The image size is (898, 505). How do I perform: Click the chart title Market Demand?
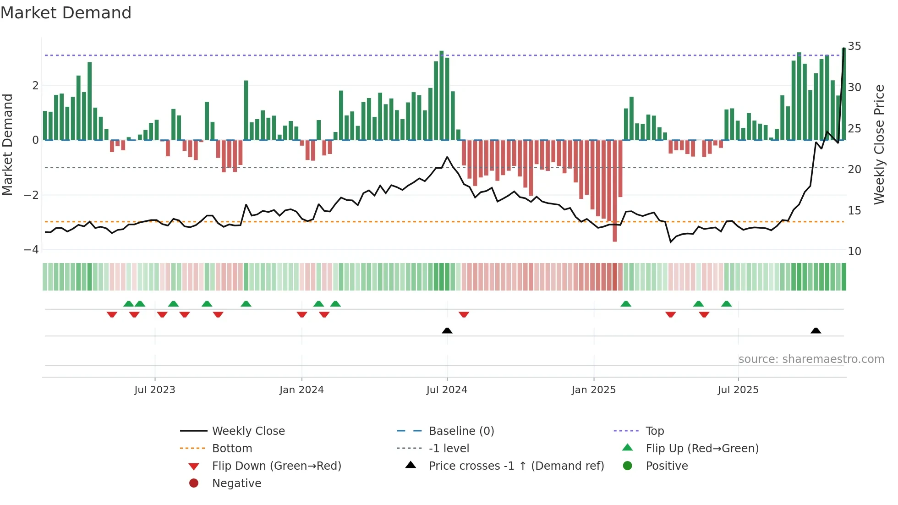(66, 13)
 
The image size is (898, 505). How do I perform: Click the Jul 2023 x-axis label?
(154, 390)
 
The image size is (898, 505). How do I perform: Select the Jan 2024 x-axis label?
(301, 390)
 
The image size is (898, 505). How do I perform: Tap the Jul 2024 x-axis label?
(447, 390)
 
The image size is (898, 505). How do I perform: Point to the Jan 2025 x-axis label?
(594, 390)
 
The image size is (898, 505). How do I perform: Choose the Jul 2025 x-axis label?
(738, 390)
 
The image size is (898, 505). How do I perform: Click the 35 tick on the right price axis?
(854, 46)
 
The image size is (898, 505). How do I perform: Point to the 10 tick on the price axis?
(854, 252)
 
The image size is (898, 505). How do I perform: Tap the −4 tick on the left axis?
(31, 250)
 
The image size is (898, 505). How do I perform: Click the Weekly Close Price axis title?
(879, 144)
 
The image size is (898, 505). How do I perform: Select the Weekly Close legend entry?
(248, 431)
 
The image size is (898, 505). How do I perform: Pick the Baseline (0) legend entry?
(461, 431)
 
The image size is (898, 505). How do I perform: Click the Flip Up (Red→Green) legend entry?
(702, 449)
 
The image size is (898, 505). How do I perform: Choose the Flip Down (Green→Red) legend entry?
(276, 466)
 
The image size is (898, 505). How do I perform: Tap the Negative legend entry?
(236, 483)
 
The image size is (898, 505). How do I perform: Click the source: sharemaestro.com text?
(811, 359)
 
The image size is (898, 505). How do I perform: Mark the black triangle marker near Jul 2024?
(447, 330)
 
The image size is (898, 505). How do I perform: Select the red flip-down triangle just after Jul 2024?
(464, 315)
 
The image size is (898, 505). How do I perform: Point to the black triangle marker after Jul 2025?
(816, 330)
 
